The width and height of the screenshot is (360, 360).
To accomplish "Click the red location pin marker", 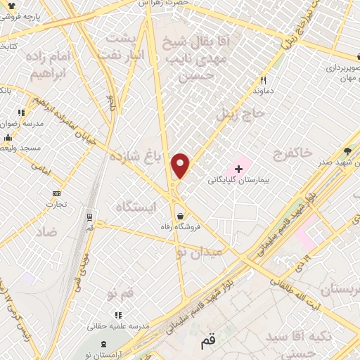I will [x=181, y=166].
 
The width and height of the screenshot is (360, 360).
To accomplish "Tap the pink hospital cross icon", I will [x=239, y=169].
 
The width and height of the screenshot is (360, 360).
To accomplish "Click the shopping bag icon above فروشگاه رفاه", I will [x=181, y=216].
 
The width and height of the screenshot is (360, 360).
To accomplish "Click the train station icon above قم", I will [x=89, y=218].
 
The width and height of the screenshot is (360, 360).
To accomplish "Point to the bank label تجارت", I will [x=56, y=205].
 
